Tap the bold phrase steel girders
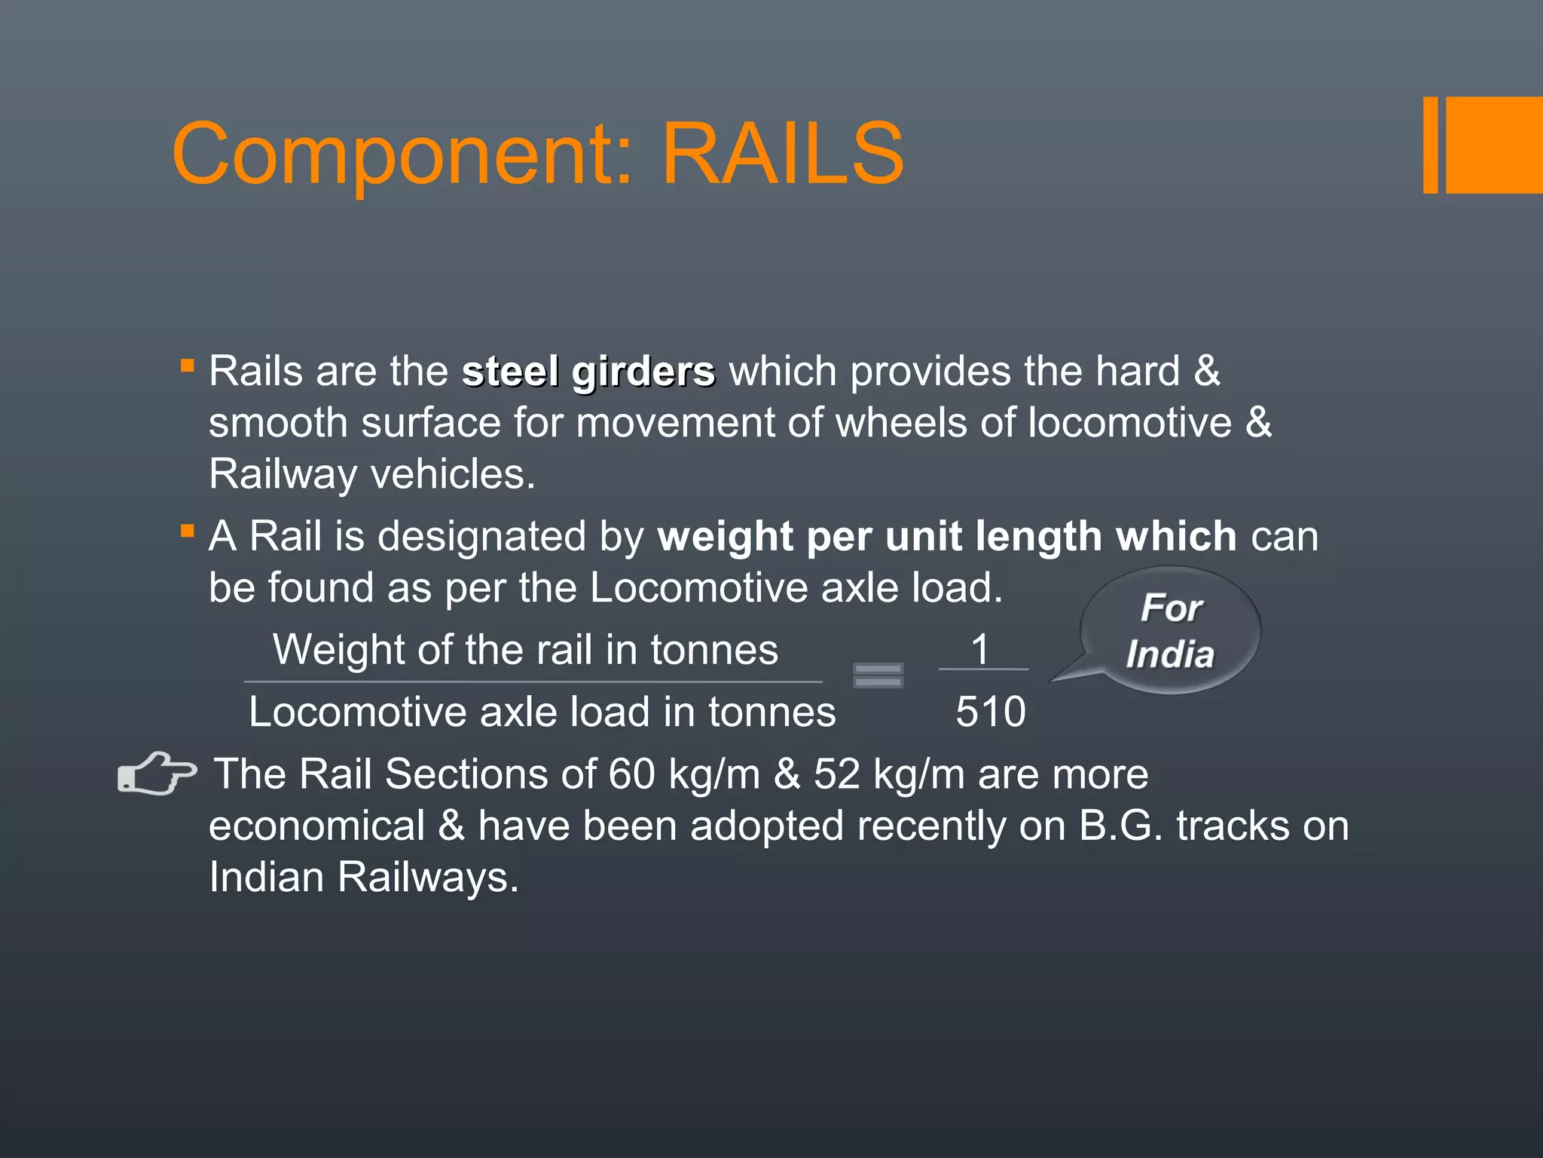pyautogui.click(x=588, y=372)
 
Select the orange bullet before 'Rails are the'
pyautogui.click(x=188, y=366)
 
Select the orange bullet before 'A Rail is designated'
pyautogui.click(x=188, y=531)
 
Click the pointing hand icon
pyautogui.click(x=157, y=774)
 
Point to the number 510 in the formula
pyautogui.click(x=990, y=712)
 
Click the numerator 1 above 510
pyautogui.click(x=979, y=649)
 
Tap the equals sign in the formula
pyautogui.click(x=878, y=675)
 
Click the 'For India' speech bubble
pyautogui.click(x=1170, y=630)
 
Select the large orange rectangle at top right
pyautogui.click(x=1493, y=145)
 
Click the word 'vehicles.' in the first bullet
pyautogui.click(x=453, y=475)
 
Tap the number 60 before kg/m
pyautogui.click(x=631, y=774)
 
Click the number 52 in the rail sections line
pyautogui.click(x=836, y=774)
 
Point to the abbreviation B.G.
pyautogui.click(x=1121, y=826)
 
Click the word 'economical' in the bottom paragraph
pyautogui.click(x=316, y=826)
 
